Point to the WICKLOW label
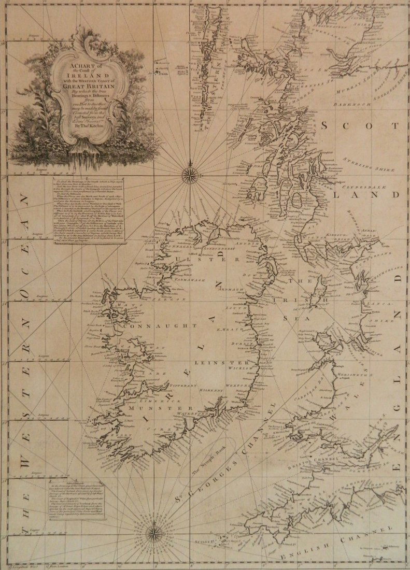(242, 368)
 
